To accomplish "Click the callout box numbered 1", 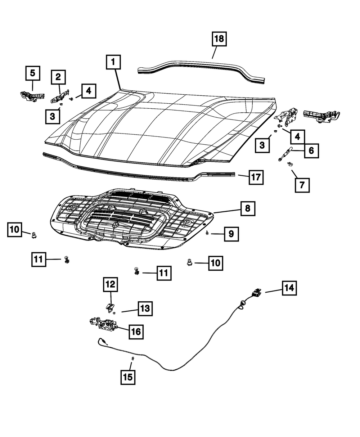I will point(113,62).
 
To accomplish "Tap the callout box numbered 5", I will point(32,73).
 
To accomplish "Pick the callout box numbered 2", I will point(58,77).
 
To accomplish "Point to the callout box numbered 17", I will point(256,177).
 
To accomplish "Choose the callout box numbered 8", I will point(248,208).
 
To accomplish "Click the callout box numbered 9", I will point(231,234).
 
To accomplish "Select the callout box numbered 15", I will point(128,377).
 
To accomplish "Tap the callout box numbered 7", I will point(302,185).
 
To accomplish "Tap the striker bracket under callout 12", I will point(110,307).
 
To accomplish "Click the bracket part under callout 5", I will point(32,95).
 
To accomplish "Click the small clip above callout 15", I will point(133,359).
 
